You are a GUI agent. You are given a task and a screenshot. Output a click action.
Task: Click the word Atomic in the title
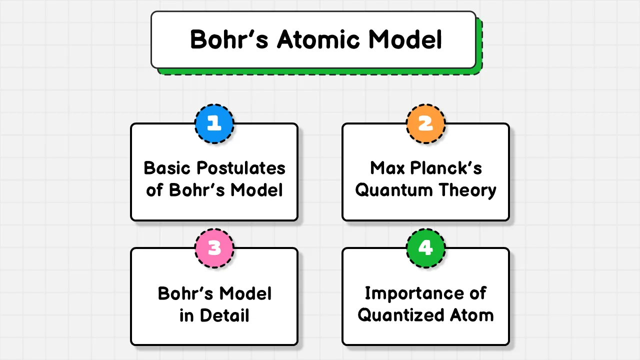318,39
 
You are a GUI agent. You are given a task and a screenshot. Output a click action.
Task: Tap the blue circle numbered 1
214,123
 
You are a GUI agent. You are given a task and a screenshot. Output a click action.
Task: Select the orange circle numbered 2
425,123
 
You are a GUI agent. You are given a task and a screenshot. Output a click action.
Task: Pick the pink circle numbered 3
214,248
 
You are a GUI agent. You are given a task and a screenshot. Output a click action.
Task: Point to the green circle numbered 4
425,248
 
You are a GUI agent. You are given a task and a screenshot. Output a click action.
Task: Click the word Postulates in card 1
241,168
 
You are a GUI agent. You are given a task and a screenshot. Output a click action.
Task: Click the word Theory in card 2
467,190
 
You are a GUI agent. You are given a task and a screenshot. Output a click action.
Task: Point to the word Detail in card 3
224,315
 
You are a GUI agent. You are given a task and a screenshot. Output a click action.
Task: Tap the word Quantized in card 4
401,315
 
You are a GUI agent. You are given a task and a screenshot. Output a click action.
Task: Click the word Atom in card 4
471,315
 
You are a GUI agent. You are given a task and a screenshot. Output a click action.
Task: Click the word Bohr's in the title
229,39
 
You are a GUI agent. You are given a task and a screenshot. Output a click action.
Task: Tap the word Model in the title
405,39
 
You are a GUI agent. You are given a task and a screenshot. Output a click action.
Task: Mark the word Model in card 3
245,293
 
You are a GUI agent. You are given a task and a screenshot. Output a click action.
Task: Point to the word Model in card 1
256,190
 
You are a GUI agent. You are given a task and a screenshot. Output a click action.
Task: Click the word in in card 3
186,315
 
